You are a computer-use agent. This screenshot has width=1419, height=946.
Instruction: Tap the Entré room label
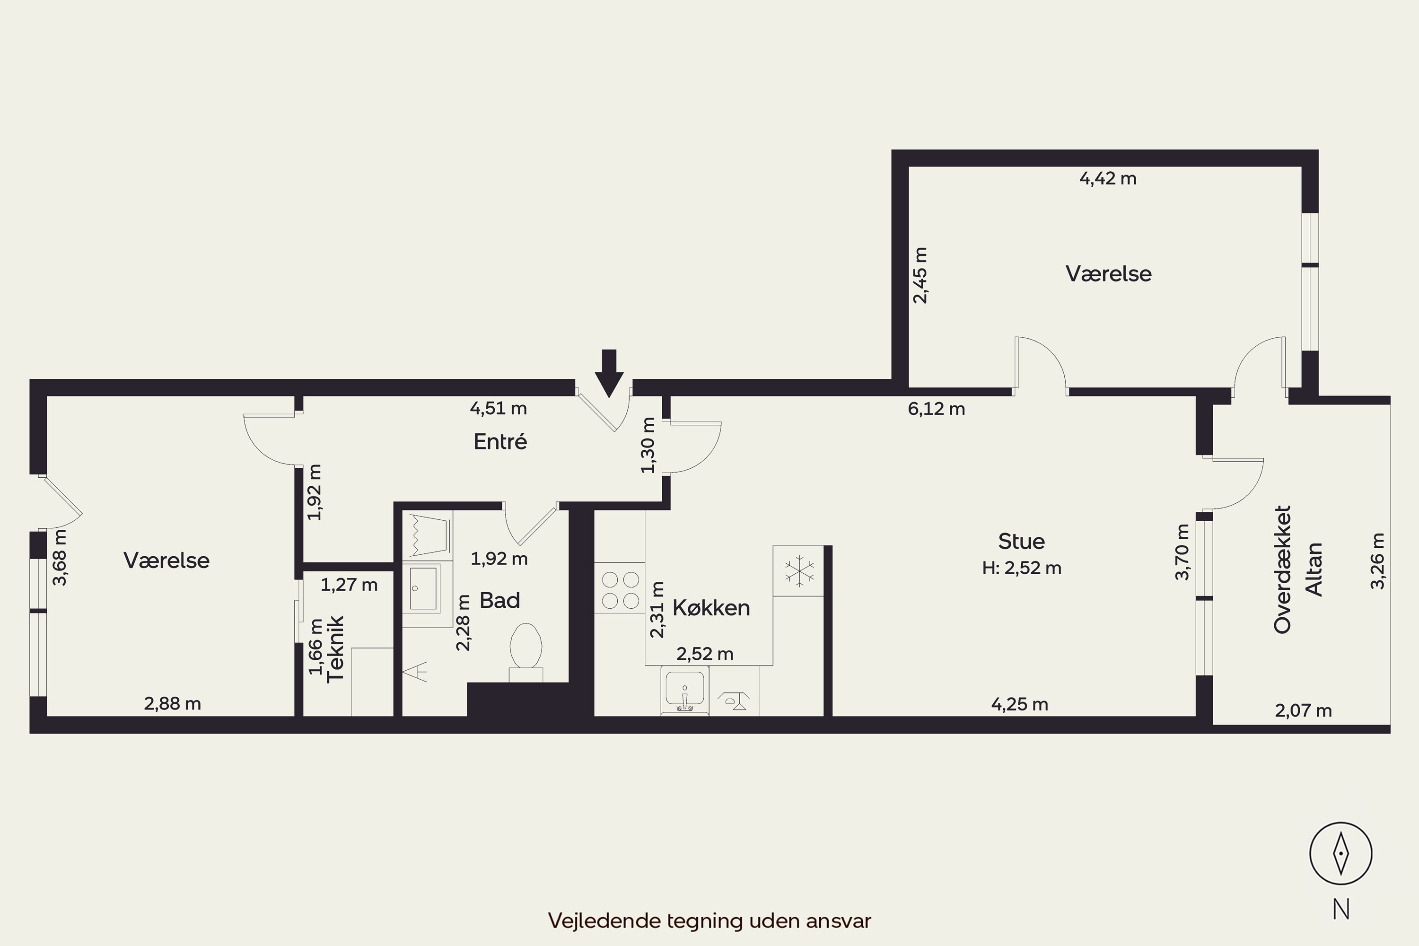(500, 442)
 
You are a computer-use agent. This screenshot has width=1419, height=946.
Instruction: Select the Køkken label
(711, 607)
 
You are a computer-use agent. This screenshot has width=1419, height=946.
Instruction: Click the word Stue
(1021, 541)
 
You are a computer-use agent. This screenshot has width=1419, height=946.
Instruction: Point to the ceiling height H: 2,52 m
(1021, 568)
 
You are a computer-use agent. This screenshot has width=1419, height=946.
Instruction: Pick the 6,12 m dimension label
(937, 409)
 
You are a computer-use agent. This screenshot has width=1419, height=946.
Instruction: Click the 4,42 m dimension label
(1108, 179)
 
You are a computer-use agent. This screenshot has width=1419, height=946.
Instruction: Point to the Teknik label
(335, 649)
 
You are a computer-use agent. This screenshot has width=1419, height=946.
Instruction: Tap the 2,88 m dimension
(173, 703)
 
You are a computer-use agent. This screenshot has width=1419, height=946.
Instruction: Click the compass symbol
(1340, 854)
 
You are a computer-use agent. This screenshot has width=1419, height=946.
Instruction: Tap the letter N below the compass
(1341, 909)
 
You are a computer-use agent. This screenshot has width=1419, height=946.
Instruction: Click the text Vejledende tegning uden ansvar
(709, 920)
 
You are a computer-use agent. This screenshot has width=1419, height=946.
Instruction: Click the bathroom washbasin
(423, 588)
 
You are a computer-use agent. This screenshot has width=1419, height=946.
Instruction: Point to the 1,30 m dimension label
(648, 445)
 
